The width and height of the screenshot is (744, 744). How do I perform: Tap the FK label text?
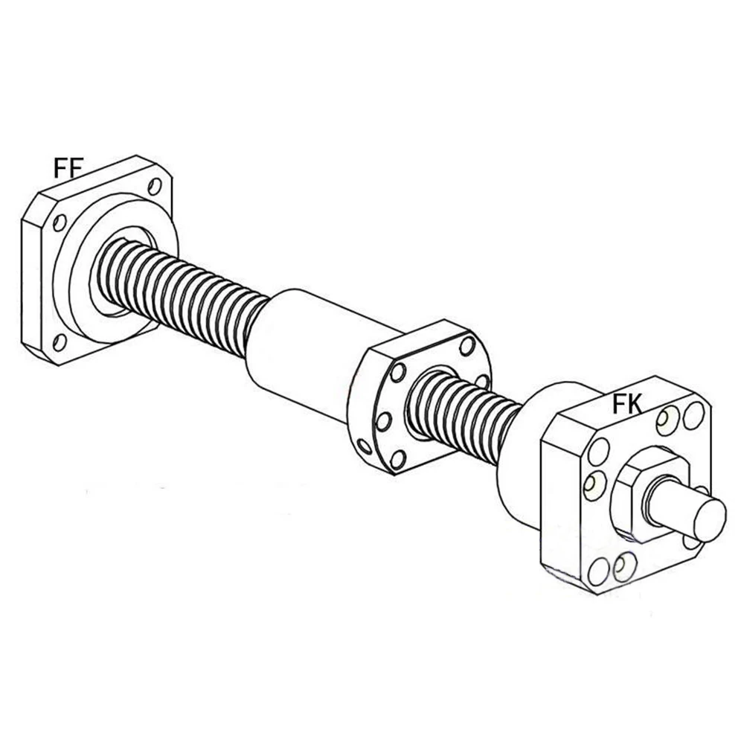627,404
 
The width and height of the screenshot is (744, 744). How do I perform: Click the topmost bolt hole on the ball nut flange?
467,346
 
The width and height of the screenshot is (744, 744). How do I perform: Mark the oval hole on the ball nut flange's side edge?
365,446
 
